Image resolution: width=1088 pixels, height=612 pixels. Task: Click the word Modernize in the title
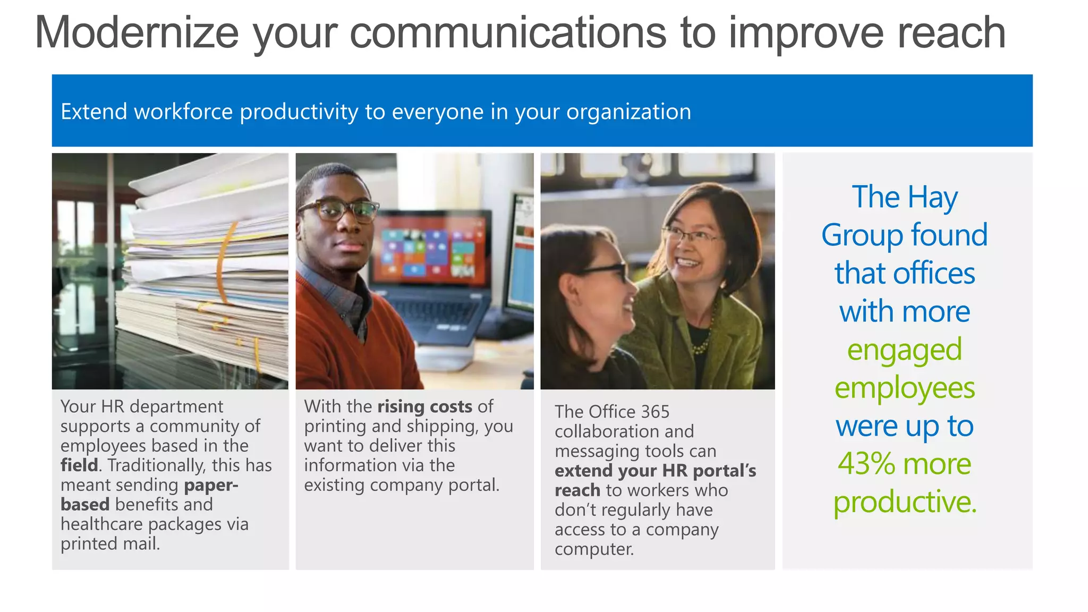137,33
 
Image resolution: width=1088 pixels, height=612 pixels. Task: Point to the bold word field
79,465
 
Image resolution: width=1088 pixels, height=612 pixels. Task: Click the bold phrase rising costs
424,406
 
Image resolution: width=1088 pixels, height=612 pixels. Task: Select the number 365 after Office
655,412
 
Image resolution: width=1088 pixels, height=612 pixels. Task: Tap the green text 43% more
904,464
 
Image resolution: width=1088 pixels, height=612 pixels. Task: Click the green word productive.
904,502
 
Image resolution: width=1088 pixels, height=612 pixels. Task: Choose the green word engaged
904,350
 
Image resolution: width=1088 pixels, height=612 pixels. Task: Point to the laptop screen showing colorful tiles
430,250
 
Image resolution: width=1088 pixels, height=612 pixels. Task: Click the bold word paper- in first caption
211,485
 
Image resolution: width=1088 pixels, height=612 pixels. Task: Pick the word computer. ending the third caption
594,549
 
